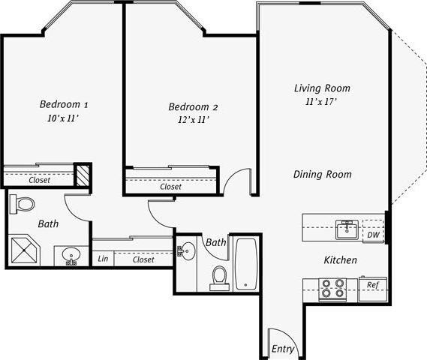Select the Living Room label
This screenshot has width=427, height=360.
(x=321, y=88)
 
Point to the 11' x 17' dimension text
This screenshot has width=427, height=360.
(x=321, y=101)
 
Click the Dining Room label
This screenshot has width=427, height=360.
(x=322, y=175)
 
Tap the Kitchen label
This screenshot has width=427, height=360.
(x=339, y=260)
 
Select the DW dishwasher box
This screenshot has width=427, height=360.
(x=371, y=235)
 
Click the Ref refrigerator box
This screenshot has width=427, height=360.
(x=371, y=286)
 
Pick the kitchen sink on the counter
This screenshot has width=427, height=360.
(x=346, y=228)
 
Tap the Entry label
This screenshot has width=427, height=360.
(x=283, y=349)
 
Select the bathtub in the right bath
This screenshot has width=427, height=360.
(x=245, y=264)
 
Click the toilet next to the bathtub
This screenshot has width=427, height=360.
(x=219, y=277)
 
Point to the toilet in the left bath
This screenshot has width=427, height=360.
(x=25, y=203)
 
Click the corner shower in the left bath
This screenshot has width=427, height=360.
(x=26, y=250)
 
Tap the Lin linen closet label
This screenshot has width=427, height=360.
(x=103, y=259)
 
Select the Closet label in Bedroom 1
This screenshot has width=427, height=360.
(x=39, y=180)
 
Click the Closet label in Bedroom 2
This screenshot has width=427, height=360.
(x=170, y=187)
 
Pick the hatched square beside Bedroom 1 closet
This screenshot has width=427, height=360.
(x=83, y=175)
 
